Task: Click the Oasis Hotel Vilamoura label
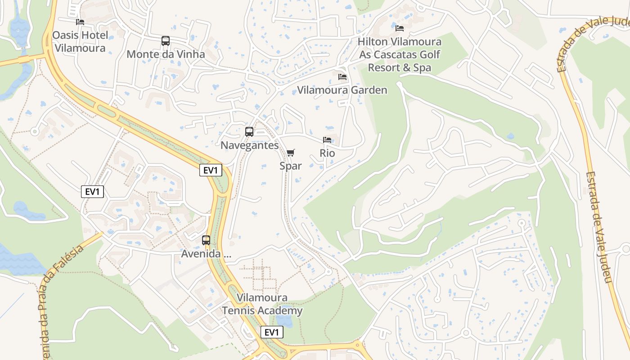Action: point(80,41)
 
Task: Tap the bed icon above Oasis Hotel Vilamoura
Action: point(80,22)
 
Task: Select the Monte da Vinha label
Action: point(166,54)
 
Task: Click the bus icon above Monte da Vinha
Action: point(166,41)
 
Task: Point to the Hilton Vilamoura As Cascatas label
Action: point(399,54)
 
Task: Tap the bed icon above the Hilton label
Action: point(399,28)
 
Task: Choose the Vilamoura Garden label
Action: point(342,90)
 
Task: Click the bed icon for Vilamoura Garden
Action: point(342,77)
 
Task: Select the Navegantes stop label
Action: point(249,145)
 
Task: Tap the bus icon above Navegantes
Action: point(249,132)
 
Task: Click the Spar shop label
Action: point(291,166)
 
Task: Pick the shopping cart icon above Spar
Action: point(291,153)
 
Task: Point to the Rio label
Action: point(327,153)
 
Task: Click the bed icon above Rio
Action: point(327,140)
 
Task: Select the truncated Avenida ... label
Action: point(206,254)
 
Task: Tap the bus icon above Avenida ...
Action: point(206,240)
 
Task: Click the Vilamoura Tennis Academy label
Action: point(262,304)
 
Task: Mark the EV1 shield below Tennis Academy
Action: point(272,333)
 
